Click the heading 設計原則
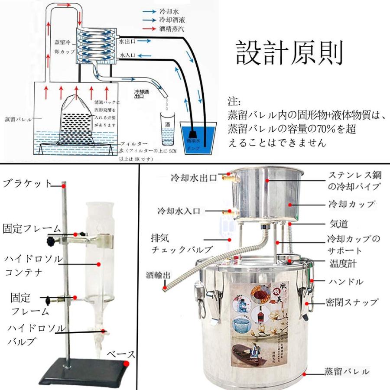tap(289, 53)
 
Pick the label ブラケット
tap(27, 183)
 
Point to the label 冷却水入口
tap(179, 211)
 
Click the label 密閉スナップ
tap(352, 302)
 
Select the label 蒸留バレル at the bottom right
tap(347, 372)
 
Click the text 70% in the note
tap(321, 129)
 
